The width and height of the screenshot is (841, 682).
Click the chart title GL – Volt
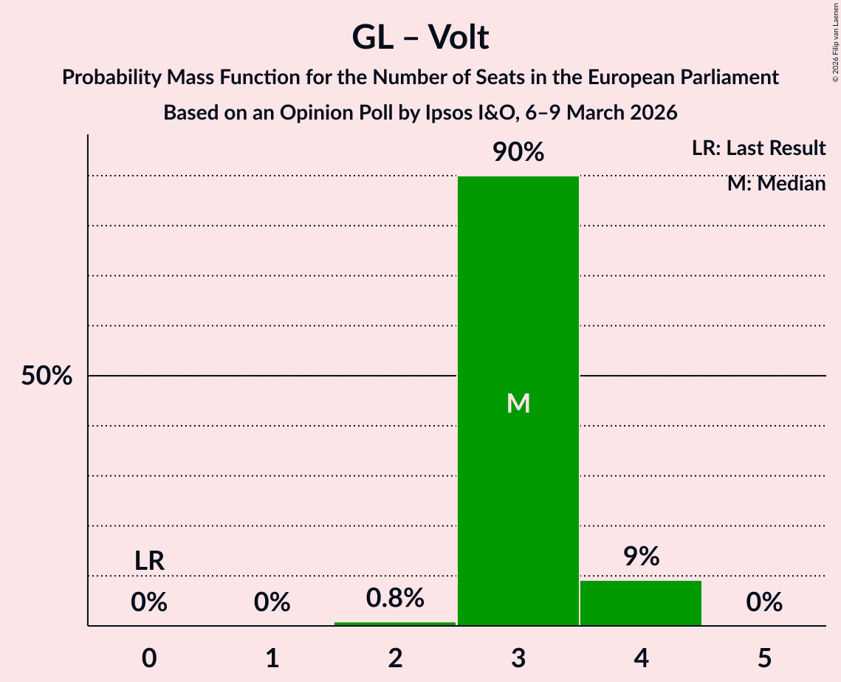point(420,37)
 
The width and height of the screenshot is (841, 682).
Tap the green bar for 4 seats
point(641,603)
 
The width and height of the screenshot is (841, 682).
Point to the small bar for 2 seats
point(395,624)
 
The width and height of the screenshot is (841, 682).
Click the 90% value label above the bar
point(518,153)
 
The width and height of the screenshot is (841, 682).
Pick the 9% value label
point(641,557)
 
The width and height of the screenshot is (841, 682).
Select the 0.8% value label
point(395,598)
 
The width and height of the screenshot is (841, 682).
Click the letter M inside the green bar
point(518,403)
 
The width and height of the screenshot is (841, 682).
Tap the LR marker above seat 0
point(149,561)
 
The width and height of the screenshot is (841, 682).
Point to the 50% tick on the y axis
point(47,376)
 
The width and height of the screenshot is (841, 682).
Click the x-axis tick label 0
point(149,658)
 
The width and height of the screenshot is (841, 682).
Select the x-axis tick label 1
point(272,658)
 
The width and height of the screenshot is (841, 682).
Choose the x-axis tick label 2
point(395,658)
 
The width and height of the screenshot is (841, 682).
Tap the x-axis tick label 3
point(518,658)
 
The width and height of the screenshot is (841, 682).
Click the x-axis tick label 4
point(641,658)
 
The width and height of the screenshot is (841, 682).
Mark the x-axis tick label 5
point(764,658)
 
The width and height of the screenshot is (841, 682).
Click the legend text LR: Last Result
point(758,148)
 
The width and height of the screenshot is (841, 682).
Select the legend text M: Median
point(776,184)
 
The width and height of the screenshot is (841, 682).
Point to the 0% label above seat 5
point(764,603)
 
